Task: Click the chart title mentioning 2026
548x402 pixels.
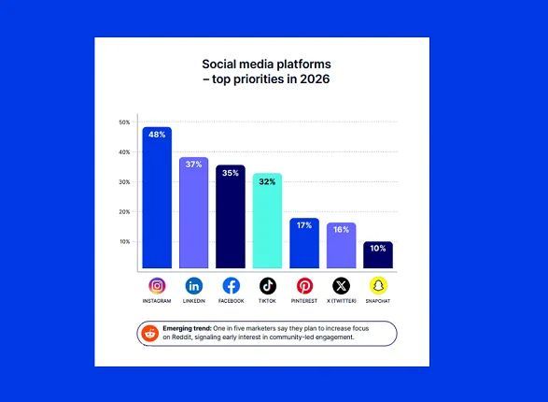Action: [266, 72]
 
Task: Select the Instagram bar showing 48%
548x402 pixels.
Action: [157, 198]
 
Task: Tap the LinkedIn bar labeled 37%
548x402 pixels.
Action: [193, 213]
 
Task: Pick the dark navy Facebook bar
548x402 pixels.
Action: [230, 217]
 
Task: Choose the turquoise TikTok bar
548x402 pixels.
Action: [267, 221]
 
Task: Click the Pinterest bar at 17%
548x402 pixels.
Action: [304, 243]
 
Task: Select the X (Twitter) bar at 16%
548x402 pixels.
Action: [341, 245]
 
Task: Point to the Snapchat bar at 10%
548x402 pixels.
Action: [377, 254]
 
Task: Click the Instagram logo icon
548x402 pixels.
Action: [157, 286]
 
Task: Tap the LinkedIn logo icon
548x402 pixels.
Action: [193, 286]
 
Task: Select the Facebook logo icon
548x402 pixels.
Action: [231, 286]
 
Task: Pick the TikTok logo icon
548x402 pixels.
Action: [268, 286]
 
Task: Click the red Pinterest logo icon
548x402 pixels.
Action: [304, 286]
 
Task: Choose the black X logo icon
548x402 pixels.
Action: [341, 286]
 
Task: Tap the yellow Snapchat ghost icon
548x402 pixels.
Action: [377, 286]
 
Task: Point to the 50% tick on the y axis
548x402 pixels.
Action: [124, 122]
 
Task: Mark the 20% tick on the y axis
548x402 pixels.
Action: [124, 212]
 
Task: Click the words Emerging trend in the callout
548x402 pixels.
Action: [187, 329]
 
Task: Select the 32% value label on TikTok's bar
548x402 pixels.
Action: [267, 181]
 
